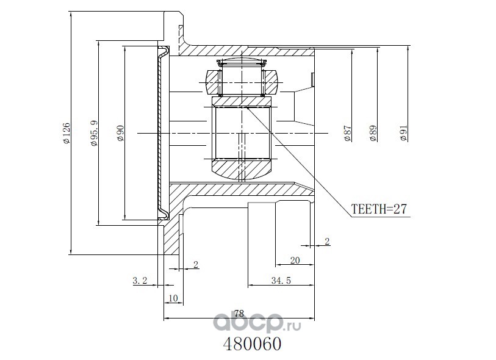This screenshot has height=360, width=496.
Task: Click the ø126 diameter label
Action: coord(66,133)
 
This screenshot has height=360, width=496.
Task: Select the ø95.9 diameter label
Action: coord(95,133)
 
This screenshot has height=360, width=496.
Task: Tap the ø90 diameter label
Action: coord(121,133)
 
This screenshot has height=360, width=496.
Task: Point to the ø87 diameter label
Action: coord(347,133)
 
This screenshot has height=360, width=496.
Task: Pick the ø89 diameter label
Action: coord(373,133)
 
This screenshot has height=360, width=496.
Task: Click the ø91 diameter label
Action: coord(404,133)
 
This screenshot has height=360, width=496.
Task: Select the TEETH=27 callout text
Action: coord(379,209)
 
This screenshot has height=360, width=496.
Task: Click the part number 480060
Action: coord(253,344)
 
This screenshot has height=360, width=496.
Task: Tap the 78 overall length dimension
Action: coord(240,314)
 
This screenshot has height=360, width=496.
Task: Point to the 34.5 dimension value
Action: coord(281,280)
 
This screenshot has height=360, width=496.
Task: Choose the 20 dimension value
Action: coord(295,261)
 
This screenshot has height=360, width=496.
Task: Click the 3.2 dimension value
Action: coord(140,280)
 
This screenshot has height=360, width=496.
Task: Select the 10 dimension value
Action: coord(173,298)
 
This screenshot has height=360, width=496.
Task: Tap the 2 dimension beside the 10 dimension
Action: coord(196,264)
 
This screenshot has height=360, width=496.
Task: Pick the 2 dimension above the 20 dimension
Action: coord(328,242)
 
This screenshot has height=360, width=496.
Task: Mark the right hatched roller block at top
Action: coord(271,82)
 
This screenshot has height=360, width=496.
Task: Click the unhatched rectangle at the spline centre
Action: coord(243,133)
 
